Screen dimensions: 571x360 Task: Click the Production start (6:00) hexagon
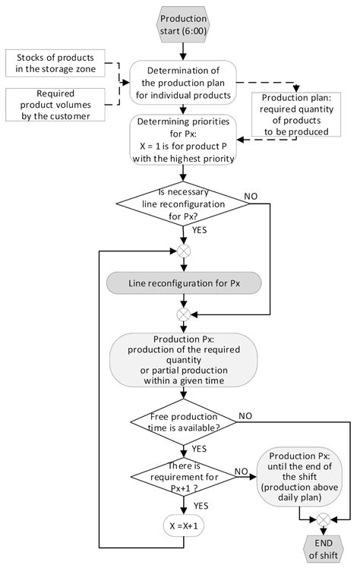pyautogui.click(x=182, y=24)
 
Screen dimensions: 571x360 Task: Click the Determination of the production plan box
pyautogui.click(x=182, y=83)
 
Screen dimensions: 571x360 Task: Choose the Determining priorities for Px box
pyautogui.click(x=182, y=140)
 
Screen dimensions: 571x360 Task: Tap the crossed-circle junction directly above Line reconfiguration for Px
pyautogui.click(x=182, y=251)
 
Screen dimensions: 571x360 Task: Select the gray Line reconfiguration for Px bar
pyautogui.click(x=182, y=282)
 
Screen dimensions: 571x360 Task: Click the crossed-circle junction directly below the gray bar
pyautogui.click(x=182, y=314)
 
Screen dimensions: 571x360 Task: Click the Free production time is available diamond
pyautogui.click(x=182, y=424)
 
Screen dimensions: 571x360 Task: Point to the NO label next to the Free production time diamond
pyautogui.click(x=246, y=415)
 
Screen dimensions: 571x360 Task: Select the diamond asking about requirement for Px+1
pyautogui.click(x=182, y=478)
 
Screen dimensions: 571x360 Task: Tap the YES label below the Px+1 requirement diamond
pyautogui.click(x=202, y=505)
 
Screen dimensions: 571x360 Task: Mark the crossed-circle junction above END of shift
pyautogui.click(x=321, y=520)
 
